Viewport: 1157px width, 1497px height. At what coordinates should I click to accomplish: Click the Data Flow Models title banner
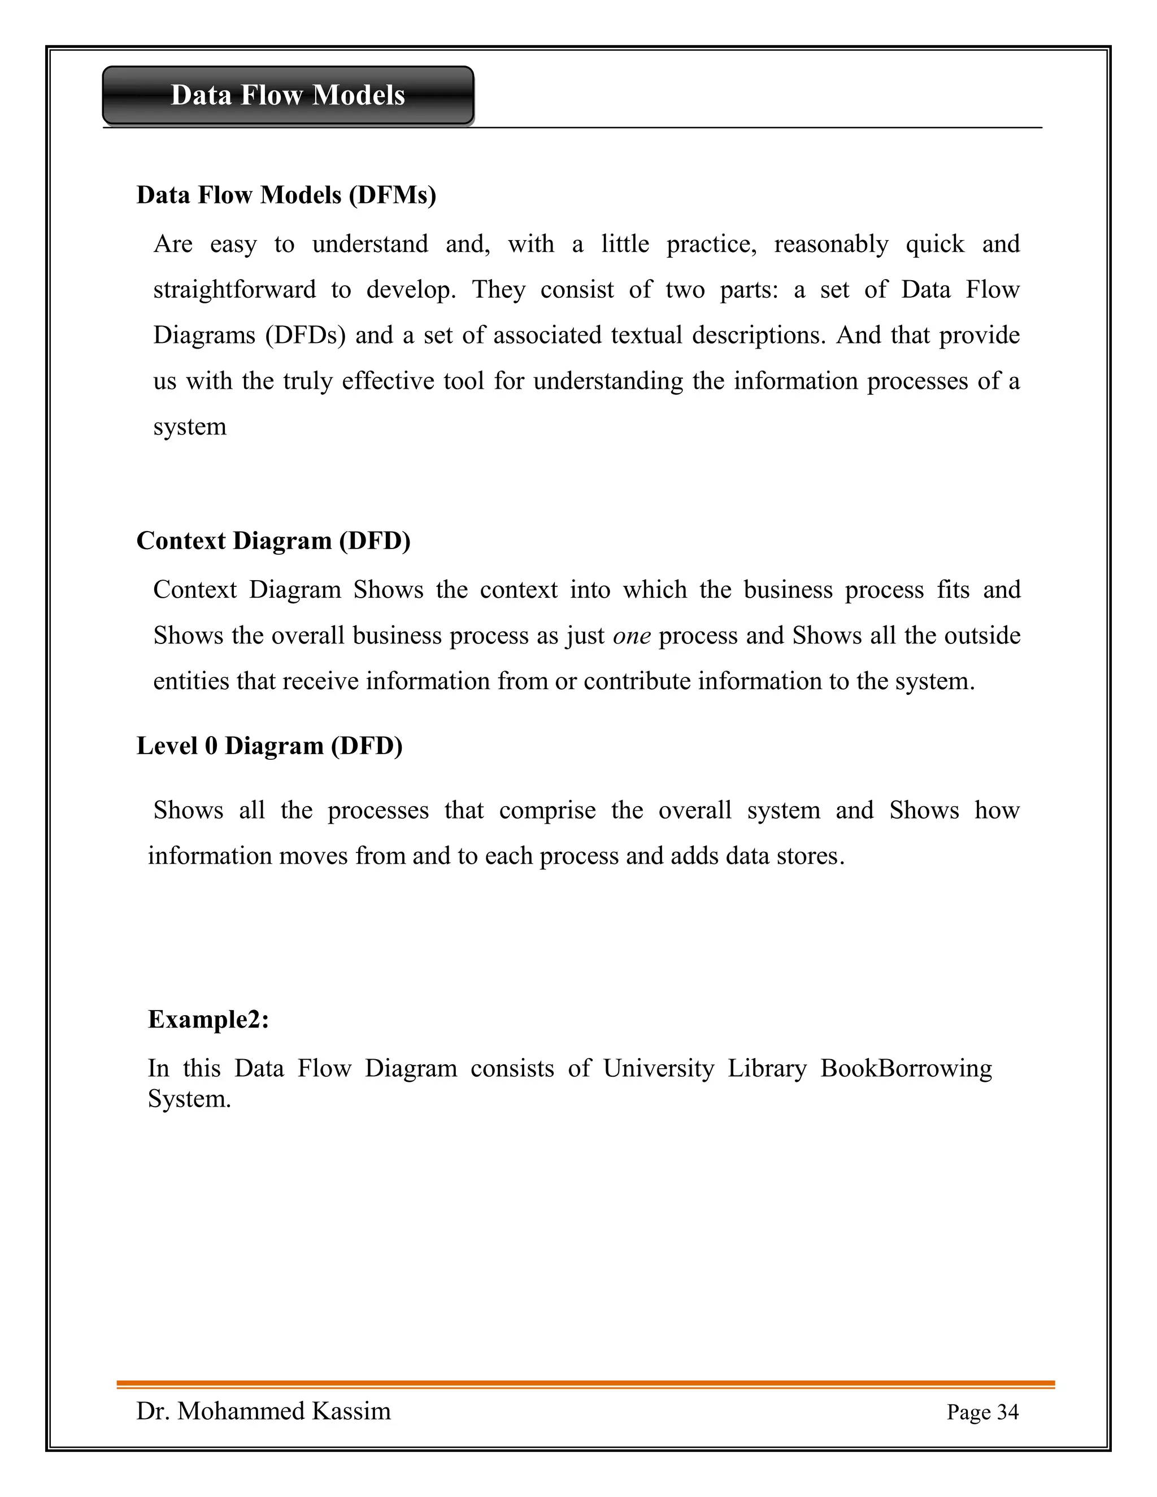288,95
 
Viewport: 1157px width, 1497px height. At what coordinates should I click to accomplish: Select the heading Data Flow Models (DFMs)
286,195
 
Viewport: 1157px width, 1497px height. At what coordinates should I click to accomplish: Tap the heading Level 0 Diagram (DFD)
269,746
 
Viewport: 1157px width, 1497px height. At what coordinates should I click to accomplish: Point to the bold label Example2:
208,1019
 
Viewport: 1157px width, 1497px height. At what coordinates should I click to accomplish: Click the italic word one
631,636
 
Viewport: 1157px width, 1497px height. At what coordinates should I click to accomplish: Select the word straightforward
234,290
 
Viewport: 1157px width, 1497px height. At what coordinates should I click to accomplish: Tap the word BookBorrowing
906,1069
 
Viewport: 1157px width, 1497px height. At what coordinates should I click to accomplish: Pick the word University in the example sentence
658,1069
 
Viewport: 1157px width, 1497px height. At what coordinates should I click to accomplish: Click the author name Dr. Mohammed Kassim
264,1411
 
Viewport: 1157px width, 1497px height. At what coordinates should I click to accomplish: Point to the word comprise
547,811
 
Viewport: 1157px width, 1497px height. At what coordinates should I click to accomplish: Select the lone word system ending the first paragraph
190,428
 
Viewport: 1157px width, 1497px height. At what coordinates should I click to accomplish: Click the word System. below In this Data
189,1099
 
